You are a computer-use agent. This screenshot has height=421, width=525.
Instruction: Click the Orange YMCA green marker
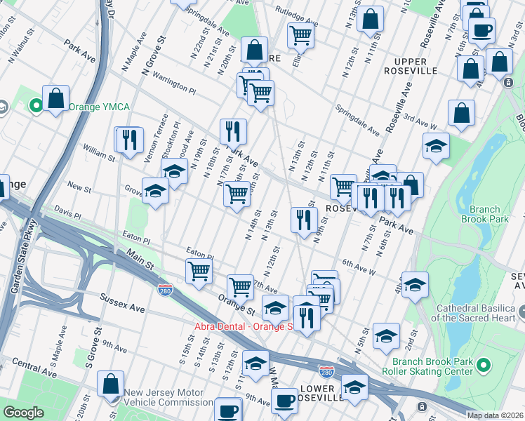[36, 107]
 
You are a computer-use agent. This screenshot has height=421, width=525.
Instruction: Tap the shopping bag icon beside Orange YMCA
[55, 99]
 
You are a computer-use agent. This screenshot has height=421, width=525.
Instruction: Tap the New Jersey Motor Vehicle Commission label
[168, 398]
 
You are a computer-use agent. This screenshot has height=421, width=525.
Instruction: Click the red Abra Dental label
[243, 326]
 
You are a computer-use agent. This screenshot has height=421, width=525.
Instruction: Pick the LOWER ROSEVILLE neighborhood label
[320, 393]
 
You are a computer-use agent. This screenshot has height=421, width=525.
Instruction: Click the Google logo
[23, 412]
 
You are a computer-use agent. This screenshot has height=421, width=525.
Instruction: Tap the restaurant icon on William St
[128, 139]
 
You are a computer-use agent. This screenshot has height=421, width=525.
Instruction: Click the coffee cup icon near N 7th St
[481, 29]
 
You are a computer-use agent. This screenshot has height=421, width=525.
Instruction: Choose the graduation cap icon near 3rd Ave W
[436, 146]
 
